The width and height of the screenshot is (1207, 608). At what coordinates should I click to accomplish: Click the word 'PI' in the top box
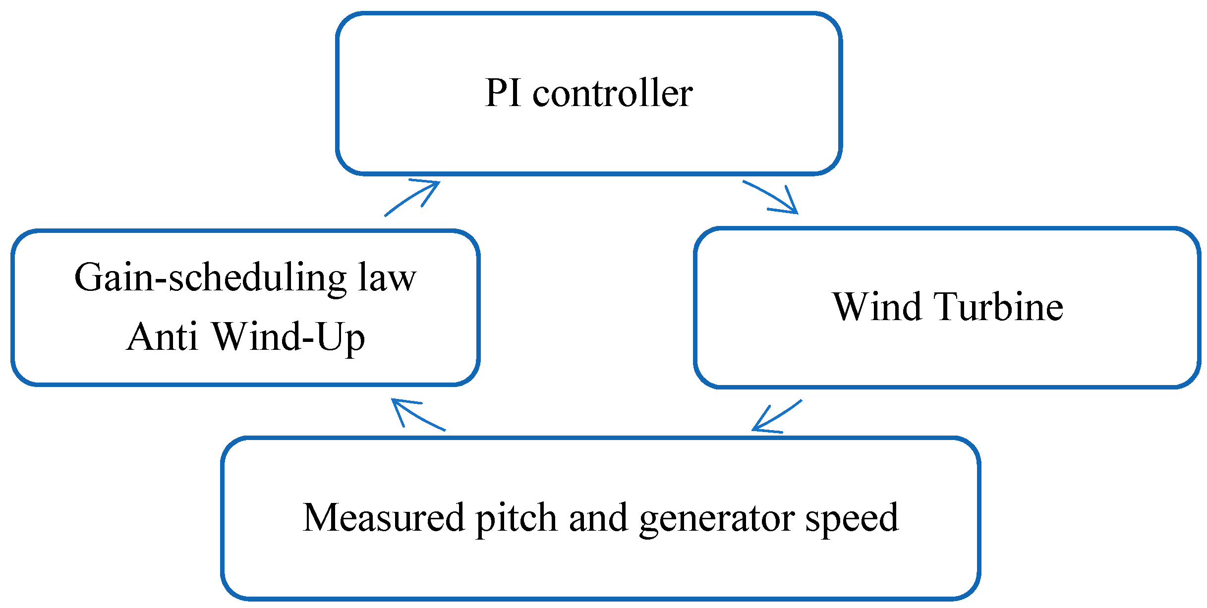[x=503, y=93]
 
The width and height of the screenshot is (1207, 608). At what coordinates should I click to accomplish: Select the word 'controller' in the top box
[x=613, y=93]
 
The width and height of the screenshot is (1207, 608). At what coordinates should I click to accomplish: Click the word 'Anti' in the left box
[x=162, y=336]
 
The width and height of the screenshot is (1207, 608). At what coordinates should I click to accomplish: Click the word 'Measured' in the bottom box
[x=383, y=518]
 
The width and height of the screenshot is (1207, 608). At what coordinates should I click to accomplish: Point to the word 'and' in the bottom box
[x=598, y=518]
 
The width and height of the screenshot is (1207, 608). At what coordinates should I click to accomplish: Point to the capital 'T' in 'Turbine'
[x=946, y=307]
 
